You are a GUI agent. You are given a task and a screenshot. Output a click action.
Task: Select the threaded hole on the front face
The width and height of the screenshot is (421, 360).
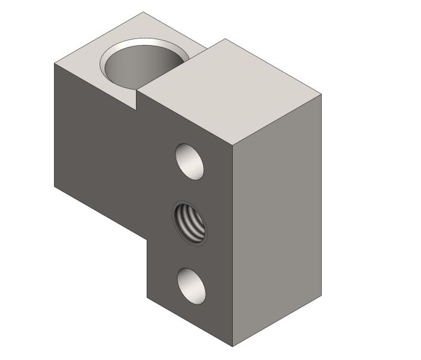189,223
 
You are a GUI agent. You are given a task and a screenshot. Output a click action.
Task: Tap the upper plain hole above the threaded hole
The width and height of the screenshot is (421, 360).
189,160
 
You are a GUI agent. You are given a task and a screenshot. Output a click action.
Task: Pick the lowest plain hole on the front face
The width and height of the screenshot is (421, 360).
191,285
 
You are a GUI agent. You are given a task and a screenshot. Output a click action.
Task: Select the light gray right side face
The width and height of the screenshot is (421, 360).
277,222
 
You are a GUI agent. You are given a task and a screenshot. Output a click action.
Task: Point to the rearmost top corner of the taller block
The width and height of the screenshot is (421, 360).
226,39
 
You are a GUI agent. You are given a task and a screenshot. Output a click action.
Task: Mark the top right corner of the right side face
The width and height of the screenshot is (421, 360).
321,94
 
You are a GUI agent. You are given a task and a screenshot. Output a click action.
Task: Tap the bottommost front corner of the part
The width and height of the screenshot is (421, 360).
233,347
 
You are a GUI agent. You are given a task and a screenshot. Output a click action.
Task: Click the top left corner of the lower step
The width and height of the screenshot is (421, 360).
55,63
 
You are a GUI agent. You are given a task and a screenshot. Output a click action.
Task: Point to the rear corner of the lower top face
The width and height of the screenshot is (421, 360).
143,12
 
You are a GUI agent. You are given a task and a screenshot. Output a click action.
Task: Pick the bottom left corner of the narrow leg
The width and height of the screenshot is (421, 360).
147,297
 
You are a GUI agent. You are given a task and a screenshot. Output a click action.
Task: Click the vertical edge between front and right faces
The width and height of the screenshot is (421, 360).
233,246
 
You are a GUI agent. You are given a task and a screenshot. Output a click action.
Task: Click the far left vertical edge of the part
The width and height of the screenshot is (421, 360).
55,126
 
